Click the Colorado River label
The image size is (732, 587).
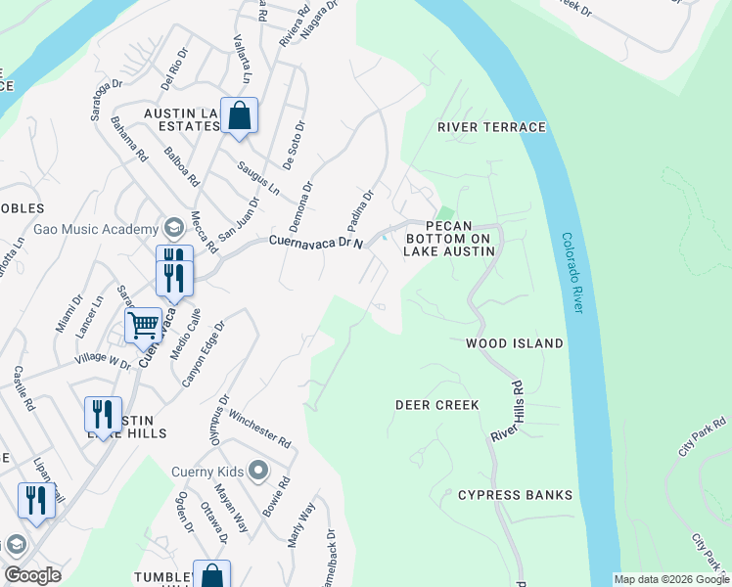tap(572, 273)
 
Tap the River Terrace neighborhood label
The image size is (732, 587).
tap(491, 127)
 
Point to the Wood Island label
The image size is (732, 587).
tap(514, 343)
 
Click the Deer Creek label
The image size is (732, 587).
tap(436, 404)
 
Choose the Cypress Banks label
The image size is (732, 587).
tap(515, 495)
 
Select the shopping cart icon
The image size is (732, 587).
tap(143, 323)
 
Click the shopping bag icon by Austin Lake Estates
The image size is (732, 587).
tap(239, 115)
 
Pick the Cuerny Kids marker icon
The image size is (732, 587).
tap(259, 471)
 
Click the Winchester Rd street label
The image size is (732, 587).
tap(260, 429)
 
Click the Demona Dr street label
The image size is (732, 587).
tap(300, 203)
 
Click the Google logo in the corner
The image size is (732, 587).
tap(32, 575)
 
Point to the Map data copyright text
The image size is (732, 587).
tap(670, 579)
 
